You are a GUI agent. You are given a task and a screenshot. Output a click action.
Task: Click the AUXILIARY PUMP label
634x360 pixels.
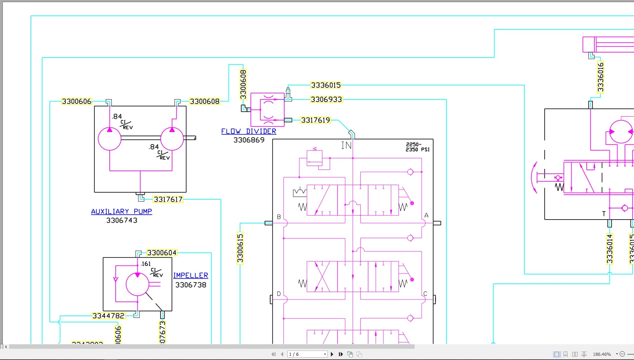[121, 212]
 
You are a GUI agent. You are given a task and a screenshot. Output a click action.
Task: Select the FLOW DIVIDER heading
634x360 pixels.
[248, 131]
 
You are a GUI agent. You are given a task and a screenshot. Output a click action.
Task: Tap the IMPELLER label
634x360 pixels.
[191, 276]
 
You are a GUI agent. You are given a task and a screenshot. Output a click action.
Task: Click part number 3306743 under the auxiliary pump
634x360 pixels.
[122, 220]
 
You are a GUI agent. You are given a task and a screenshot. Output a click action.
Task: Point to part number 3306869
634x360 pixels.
[249, 140]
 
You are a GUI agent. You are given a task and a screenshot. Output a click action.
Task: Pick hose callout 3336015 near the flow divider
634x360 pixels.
[326, 85]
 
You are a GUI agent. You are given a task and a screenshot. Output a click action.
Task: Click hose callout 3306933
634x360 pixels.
[326, 99]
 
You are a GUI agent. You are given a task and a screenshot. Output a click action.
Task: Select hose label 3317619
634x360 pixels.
[315, 120]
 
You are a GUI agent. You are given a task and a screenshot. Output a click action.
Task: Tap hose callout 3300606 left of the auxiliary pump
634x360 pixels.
[76, 102]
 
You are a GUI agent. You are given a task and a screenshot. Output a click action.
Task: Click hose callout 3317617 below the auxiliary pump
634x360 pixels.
[168, 199]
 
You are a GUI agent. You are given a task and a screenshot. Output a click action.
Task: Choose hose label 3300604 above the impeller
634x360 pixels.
[162, 253]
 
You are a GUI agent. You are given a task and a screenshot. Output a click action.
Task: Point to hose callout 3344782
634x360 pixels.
[108, 316]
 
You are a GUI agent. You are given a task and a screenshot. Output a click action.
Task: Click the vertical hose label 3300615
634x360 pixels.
[240, 248]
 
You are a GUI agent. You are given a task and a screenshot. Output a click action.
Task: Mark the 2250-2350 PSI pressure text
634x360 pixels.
[417, 147]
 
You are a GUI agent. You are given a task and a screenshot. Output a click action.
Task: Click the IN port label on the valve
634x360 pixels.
[346, 145]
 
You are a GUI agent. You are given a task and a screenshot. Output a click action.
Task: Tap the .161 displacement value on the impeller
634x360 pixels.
[145, 264]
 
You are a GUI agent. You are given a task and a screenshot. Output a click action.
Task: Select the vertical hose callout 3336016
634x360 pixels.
[600, 77]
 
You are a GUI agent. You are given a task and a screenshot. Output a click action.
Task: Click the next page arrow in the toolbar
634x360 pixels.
[332, 354]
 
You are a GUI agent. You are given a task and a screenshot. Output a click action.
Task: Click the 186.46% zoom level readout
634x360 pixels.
[602, 354]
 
